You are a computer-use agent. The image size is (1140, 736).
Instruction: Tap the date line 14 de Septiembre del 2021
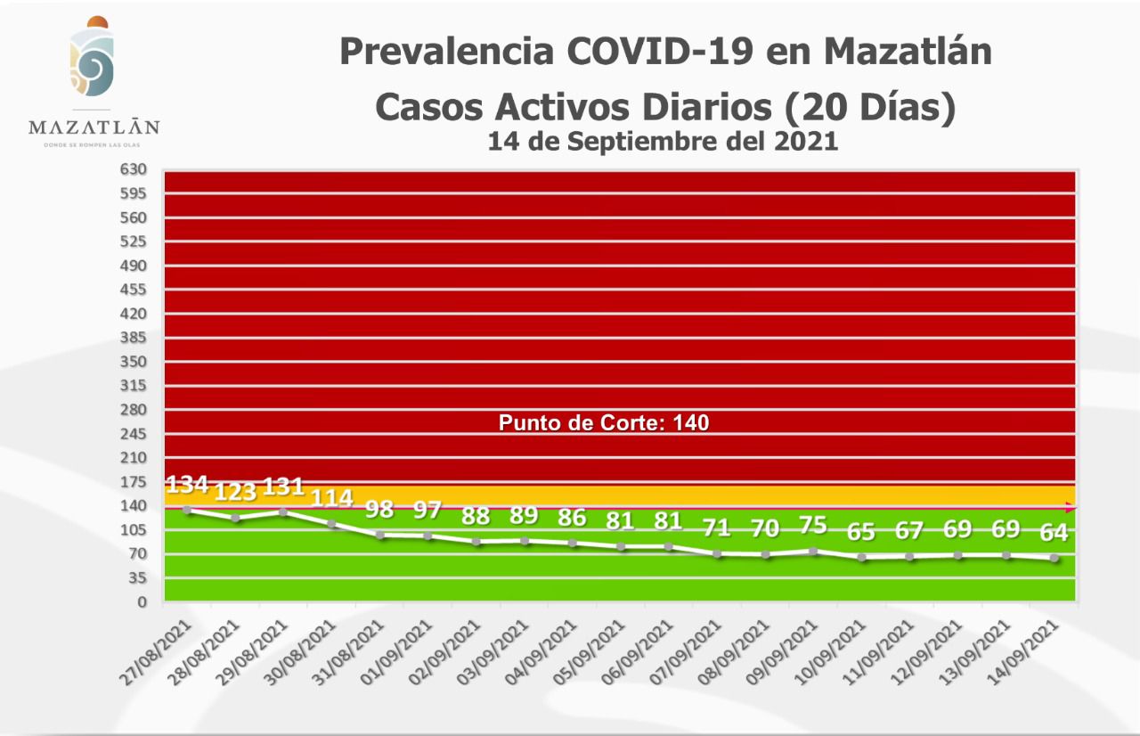point(663,141)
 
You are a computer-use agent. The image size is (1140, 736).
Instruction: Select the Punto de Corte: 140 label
point(604,422)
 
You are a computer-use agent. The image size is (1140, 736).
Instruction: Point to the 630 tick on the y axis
point(134,169)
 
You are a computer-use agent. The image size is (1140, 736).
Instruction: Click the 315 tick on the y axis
point(134,386)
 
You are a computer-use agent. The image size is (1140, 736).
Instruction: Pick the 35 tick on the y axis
point(138,578)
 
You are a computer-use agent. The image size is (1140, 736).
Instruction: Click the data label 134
point(187,486)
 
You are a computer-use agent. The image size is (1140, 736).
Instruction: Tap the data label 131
point(283,487)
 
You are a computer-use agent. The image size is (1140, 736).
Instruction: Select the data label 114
point(331,498)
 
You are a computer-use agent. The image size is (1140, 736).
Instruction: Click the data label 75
point(813,525)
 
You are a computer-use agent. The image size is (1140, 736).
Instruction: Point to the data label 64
point(1054,533)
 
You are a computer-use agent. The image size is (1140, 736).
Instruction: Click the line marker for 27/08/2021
point(187,510)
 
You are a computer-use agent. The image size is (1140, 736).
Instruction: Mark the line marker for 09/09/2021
point(813,552)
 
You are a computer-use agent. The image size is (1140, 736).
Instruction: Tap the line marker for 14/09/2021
point(1054,559)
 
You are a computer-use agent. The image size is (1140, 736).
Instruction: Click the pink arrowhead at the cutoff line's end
point(1071,508)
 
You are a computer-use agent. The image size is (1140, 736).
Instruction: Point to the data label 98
point(379,511)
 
